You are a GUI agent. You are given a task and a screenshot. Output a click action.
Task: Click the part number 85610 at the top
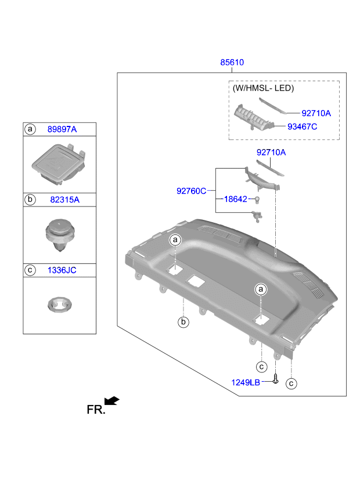pos(231,63)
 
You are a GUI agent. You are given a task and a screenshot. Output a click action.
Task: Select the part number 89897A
pos(62,129)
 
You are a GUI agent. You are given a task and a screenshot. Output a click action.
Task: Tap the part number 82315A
pos(64,200)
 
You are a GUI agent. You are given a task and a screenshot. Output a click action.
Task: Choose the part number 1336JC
pos(62,270)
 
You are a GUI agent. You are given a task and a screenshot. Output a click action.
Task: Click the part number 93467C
pos(302,126)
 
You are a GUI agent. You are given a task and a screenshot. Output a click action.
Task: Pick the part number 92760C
pos(192,190)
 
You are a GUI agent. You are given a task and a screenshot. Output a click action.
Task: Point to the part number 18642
pos(236,199)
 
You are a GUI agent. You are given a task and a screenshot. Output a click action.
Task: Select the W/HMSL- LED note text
pos(263,89)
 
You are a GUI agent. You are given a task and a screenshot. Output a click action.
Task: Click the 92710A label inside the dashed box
pos(316,113)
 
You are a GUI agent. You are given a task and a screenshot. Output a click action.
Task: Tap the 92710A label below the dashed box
pos(271,153)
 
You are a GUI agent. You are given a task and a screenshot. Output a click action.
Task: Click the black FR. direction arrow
pos(112,401)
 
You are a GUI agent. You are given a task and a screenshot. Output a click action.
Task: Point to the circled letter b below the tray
pos(183,322)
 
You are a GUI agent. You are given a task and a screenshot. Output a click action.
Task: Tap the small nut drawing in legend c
pos(57,305)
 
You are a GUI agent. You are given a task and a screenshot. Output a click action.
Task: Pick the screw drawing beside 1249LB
pos(276,379)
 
